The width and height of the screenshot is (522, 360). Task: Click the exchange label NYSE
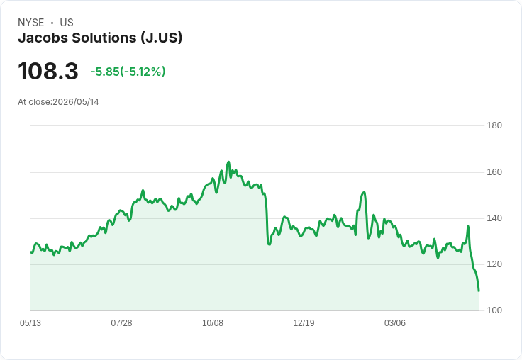(31, 23)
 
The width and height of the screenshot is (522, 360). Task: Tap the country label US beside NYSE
(67, 23)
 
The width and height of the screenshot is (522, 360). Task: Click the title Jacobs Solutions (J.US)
(100, 38)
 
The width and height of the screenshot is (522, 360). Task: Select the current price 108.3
(48, 71)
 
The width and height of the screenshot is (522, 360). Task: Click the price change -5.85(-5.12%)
(128, 72)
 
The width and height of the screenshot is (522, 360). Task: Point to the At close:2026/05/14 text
(58, 102)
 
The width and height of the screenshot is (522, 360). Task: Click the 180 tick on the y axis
(494, 125)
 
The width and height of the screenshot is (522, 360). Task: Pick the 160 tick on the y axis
(494, 172)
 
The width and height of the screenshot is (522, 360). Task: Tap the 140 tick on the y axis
(494, 218)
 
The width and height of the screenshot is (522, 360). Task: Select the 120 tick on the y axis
(494, 264)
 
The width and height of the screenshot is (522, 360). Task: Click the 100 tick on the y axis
(494, 310)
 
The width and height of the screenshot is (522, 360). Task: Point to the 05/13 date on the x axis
(30, 323)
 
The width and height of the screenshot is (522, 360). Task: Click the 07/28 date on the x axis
(121, 323)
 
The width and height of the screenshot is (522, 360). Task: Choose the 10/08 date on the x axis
(213, 323)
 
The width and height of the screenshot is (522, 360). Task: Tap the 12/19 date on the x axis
(304, 323)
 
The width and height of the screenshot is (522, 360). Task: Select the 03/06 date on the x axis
(395, 323)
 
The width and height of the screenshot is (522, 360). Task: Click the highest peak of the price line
(228, 162)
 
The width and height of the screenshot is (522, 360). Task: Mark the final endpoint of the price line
(479, 291)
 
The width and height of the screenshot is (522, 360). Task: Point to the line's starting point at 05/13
(31, 252)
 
